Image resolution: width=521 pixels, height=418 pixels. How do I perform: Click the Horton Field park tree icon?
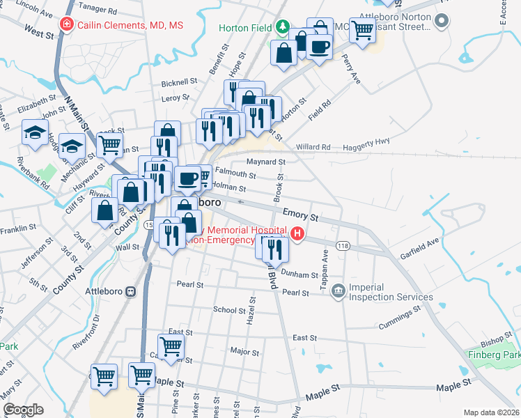pos(282,28)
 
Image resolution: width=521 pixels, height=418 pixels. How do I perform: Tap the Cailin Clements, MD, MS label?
pos(130,25)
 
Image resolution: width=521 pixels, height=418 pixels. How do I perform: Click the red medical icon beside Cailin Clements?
pos(66,25)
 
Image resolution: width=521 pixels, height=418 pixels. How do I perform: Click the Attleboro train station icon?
pos(130,291)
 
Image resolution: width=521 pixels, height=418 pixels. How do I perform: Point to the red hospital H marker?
pos(298,233)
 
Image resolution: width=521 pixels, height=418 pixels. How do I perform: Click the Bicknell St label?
pos(179,82)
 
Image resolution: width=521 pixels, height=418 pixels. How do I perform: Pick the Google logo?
pos(23,410)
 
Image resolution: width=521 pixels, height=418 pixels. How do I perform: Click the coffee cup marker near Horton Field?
pos(319,47)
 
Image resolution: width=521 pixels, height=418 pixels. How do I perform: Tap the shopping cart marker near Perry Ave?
pos(362,31)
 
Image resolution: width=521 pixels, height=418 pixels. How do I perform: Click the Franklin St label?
pos(17,231)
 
